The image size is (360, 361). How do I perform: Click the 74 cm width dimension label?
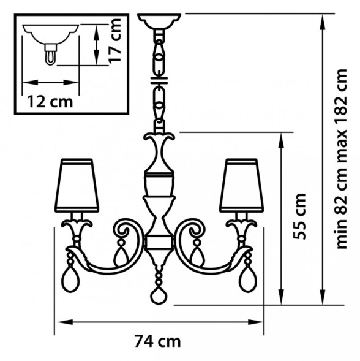click(157, 341)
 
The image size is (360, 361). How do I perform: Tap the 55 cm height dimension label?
click(299, 216)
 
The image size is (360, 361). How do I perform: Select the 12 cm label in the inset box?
click(50, 102)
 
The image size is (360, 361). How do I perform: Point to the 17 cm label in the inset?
click(114, 40)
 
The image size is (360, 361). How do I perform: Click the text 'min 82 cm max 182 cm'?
click(341, 159)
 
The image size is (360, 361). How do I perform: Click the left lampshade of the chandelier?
click(77, 185)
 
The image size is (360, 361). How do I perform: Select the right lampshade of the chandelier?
click(241, 185)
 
